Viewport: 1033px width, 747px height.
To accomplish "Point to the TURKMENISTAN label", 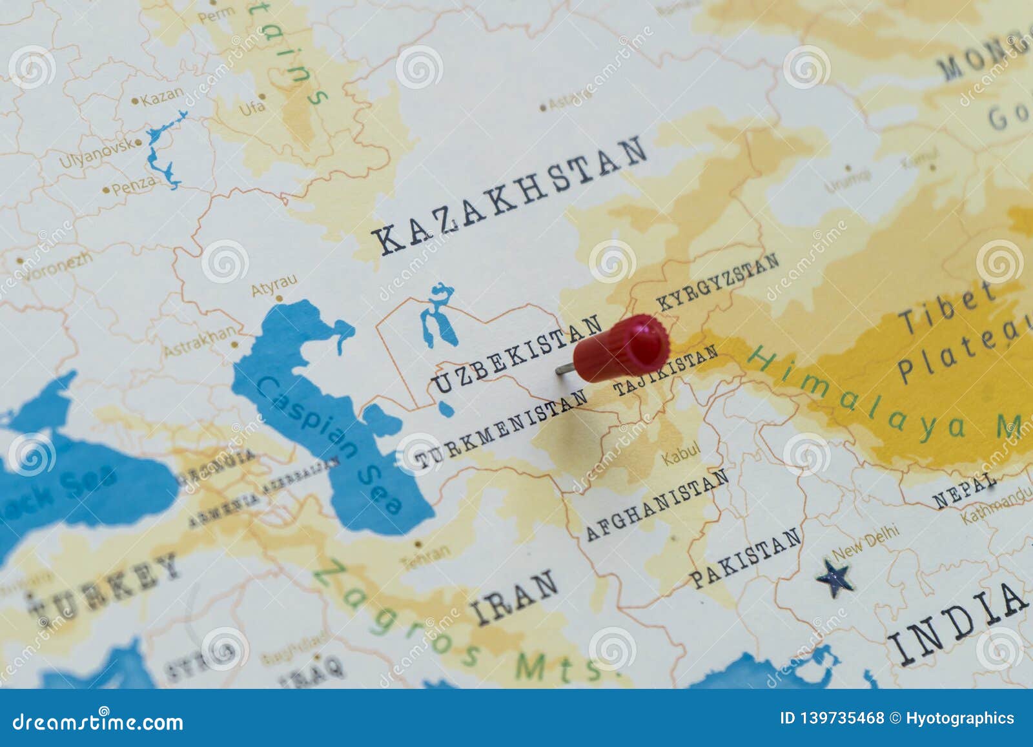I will coord(501,429).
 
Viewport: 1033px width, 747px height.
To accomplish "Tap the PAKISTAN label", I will coord(746,558).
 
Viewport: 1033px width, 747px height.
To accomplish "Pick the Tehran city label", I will coord(425,558).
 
